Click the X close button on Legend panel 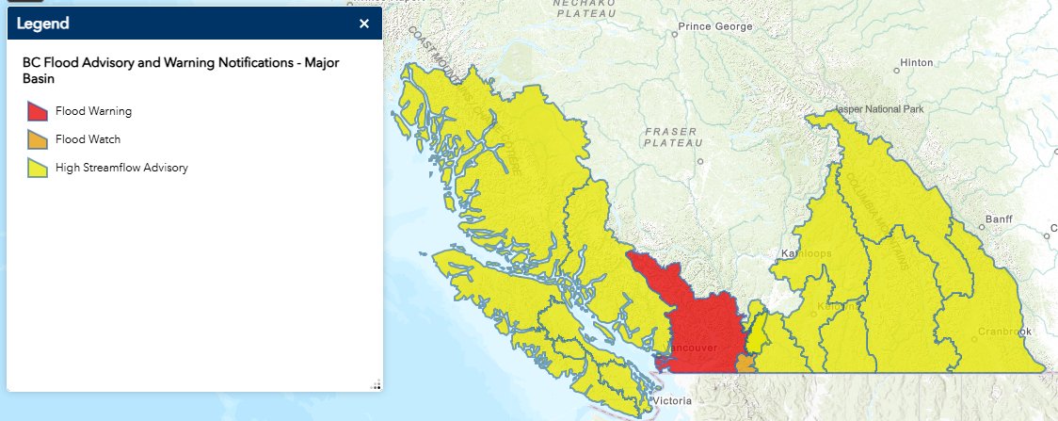click(364, 24)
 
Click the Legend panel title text click(43, 24)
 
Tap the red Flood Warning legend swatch click(37, 111)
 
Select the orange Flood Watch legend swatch click(37, 139)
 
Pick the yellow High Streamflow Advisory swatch click(37, 168)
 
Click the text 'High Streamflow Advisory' click(121, 168)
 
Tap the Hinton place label click(916, 63)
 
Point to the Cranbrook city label click(1003, 332)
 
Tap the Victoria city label click(674, 402)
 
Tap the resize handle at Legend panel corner click(375, 383)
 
